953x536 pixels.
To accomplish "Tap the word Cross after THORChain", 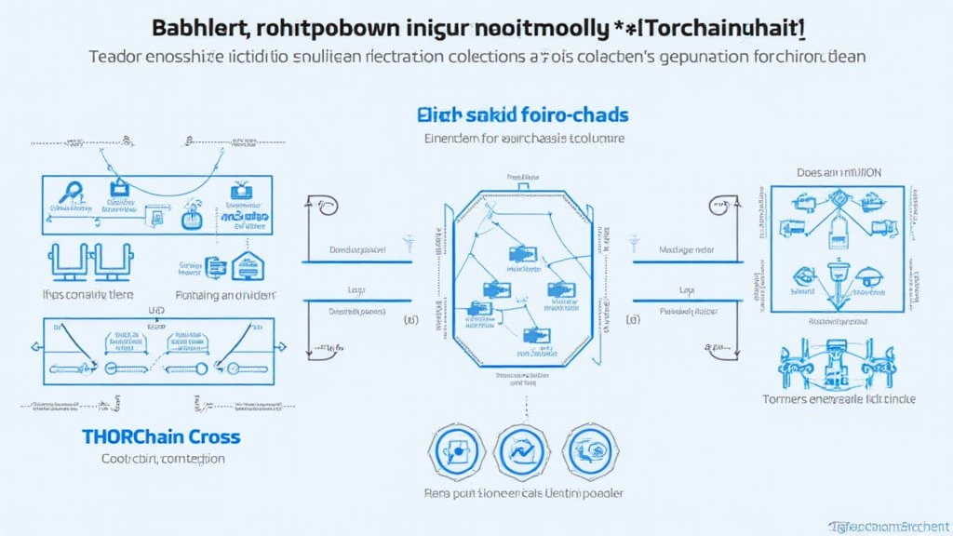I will tap(213, 436).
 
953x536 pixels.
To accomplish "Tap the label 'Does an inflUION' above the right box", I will tap(839, 173).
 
